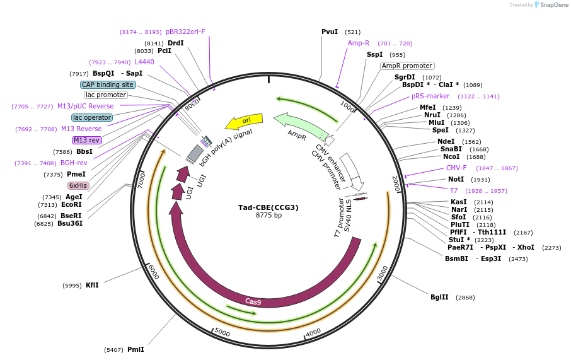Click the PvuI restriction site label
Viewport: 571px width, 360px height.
coord(330,32)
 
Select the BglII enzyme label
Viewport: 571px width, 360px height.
coord(439,297)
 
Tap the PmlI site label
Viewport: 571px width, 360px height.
coord(136,349)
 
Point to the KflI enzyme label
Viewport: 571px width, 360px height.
coord(92,285)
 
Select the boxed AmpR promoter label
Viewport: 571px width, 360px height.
coord(407,66)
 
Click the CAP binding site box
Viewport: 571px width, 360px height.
coord(108,84)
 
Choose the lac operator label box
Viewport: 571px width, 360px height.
coord(92,117)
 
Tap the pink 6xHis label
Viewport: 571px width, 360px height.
coord(79,185)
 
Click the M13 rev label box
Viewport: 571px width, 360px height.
coord(86,140)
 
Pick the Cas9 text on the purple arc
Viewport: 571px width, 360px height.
coord(253,301)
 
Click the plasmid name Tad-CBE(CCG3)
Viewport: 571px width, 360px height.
coord(268,207)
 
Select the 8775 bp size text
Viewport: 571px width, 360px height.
coord(268,216)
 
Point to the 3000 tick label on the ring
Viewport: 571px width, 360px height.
coord(383,274)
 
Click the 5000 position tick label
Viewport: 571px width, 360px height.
coord(222,332)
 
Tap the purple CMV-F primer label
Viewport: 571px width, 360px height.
coord(456,168)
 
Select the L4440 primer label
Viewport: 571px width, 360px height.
coord(144,62)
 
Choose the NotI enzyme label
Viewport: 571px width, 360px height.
coord(456,179)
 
